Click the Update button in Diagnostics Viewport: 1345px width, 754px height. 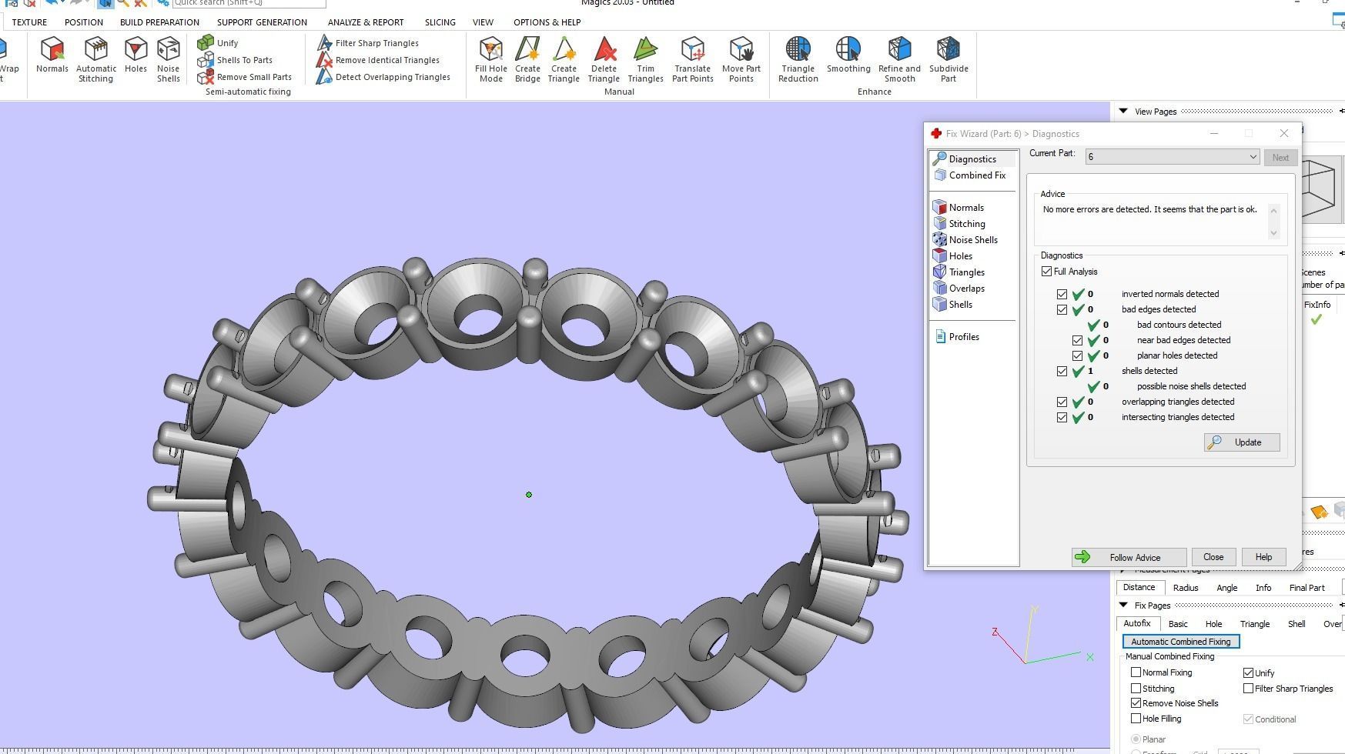(1242, 442)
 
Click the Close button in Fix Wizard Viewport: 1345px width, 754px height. (1213, 557)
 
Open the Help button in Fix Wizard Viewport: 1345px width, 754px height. (1263, 557)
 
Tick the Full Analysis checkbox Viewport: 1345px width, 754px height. (1046, 272)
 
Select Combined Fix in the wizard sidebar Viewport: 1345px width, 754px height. (976, 175)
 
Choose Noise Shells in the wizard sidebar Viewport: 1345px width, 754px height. (972, 240)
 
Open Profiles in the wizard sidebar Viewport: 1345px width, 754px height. (963, 337)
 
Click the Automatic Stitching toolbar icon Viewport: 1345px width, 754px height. (96, 58)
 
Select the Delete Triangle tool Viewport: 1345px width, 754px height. (604, 58)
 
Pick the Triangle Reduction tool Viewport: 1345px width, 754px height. (798, 58)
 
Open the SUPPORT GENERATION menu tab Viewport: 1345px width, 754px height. (262, 22)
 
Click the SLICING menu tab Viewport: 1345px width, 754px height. (440, 22)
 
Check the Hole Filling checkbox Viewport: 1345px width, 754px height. (1136, 719)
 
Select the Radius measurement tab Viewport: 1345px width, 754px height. (1185, 588)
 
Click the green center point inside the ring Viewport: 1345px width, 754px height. (529, 495)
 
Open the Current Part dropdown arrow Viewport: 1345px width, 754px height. (1253, 157)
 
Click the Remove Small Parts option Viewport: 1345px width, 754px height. (253, 77)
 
